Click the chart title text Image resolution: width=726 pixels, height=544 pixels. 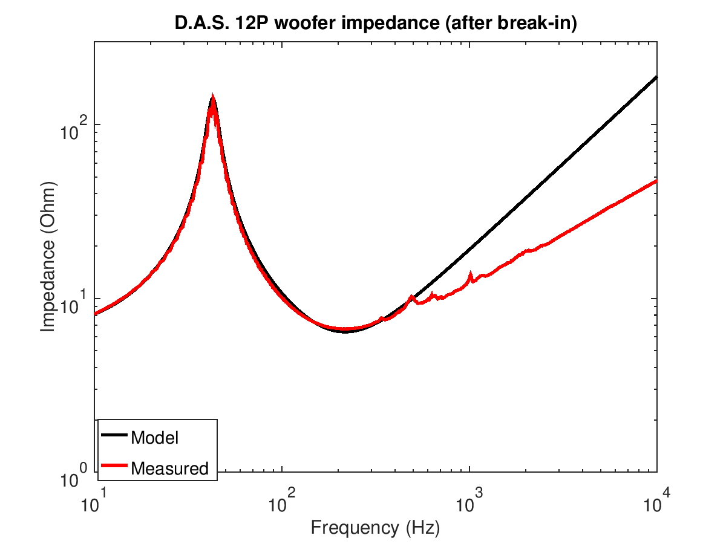click(x=376, y=23)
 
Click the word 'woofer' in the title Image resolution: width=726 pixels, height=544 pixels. click(x=306, y=23)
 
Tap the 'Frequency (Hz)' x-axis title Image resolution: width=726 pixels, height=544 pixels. click(x=376, y=527)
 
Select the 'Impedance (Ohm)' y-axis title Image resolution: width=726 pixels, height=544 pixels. click(x=47, y=256)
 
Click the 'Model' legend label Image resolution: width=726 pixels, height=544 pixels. click(x=154, y=438)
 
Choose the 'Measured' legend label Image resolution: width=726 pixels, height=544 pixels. click(x=169, y=468)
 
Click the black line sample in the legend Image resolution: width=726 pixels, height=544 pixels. click(x=114, y=435)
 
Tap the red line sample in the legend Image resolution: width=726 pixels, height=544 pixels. click(x=114, y=465)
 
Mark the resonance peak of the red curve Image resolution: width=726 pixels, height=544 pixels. click(x=212, y=95)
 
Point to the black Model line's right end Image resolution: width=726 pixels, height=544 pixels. click(x=656, y=77)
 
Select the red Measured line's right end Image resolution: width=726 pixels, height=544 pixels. click(x=656, y=181)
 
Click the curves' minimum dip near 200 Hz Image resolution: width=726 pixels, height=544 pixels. click(x=345, y=330)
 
